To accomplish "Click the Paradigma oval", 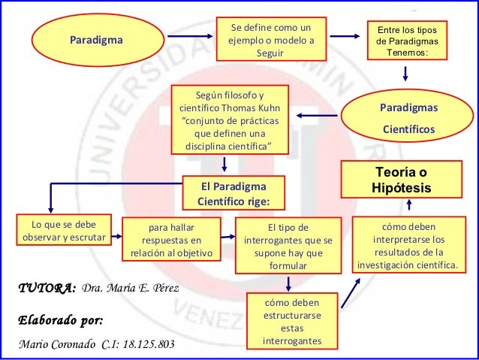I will click(x=97, y=39).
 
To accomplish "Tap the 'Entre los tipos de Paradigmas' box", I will click(x=405, y=42).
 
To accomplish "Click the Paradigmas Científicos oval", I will click(x=408, y=119).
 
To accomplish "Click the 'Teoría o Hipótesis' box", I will click(x=402, y=178).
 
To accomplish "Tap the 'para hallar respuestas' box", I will click(x=172, y=240).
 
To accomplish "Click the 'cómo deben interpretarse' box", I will click(x=408, y=245).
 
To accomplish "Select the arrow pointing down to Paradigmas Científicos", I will click(x=405, y=73).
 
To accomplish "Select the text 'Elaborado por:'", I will click(x=59, y=321).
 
